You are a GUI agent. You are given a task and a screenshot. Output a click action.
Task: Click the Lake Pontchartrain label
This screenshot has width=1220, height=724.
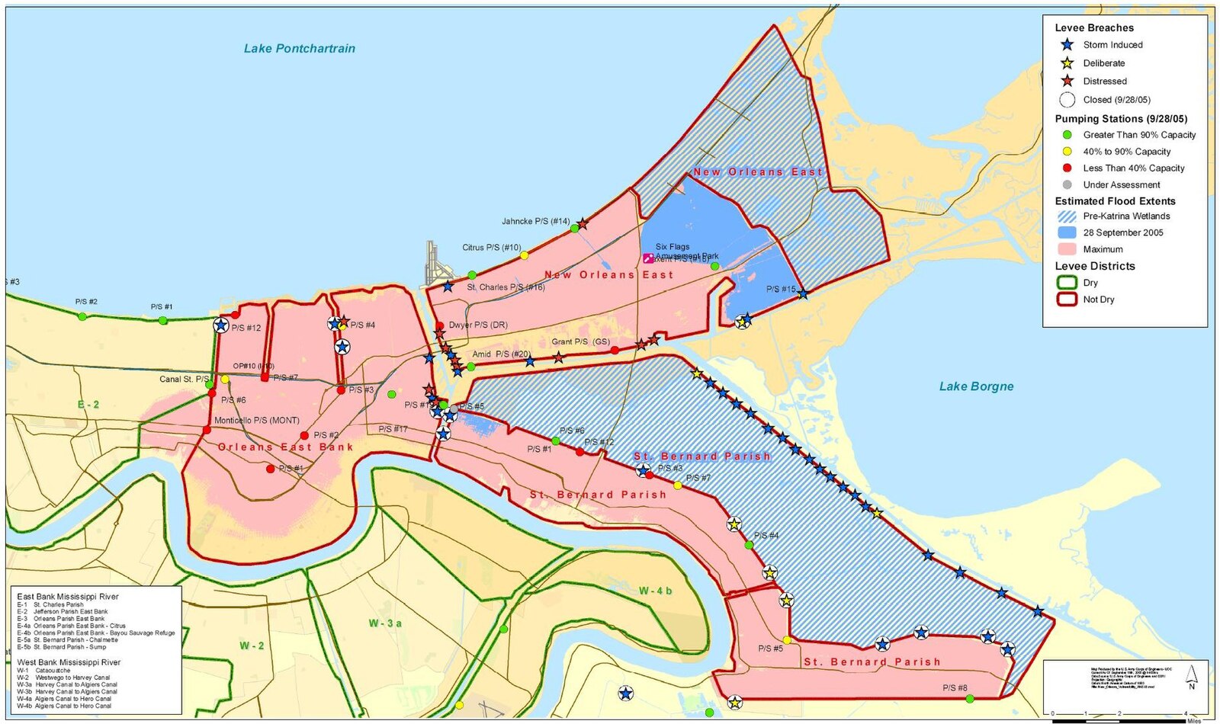click(x=299, y=48)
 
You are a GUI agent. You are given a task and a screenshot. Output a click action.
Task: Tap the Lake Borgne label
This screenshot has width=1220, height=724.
click(x=976, y=386)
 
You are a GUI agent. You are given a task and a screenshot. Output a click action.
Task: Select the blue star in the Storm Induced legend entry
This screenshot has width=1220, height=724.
click(x=1067, y=45)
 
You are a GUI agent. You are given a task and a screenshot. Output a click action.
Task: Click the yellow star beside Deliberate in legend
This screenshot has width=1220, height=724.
click(x=1067, y=63)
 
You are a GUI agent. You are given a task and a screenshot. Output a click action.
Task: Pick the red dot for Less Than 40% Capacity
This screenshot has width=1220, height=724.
click(x=1067, y=168)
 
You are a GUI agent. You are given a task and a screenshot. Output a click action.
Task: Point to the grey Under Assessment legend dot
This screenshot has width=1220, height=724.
click(x=1067, y=184)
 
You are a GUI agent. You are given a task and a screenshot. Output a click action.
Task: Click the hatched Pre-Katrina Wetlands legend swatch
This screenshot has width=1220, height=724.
click(x=1067, y=216)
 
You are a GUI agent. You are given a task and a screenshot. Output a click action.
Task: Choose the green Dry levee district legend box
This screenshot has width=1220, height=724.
click(x=1067, y=283)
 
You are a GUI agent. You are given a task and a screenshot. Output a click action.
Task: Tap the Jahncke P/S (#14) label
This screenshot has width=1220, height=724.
click(x=535, y=221)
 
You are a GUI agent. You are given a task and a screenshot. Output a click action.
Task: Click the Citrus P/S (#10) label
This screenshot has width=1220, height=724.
click(x=491, y=248)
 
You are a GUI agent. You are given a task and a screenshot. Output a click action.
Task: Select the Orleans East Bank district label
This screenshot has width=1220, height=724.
click(x=285, y=447)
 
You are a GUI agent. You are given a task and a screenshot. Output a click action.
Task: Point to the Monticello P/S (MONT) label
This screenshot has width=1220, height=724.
click(x=256, y=420)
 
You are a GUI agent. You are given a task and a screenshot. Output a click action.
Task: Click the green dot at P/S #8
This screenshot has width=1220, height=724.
click(x=969, y=698)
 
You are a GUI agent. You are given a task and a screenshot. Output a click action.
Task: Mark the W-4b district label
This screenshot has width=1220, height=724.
click(x=655, y=591)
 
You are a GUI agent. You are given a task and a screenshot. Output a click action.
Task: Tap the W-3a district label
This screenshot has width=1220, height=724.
click(x=385, y=623)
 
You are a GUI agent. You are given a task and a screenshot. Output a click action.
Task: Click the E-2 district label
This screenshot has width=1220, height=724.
click(x=88, y=405)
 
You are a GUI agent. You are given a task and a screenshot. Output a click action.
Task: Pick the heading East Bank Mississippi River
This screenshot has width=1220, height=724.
click(x=68, y=597)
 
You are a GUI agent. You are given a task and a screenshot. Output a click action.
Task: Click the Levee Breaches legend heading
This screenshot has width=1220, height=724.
click(x=1093, y=27)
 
